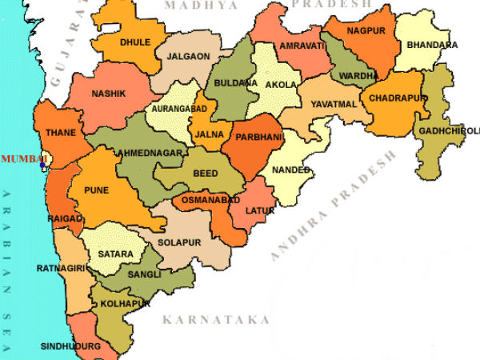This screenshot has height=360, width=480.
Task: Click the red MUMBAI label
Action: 23,159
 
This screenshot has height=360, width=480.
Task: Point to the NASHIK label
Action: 108,94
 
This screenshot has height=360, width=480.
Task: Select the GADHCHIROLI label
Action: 447,130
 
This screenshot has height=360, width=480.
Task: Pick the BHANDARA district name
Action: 432,45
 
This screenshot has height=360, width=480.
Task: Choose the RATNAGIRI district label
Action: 59,270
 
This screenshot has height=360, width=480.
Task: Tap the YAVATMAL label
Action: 330,103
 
